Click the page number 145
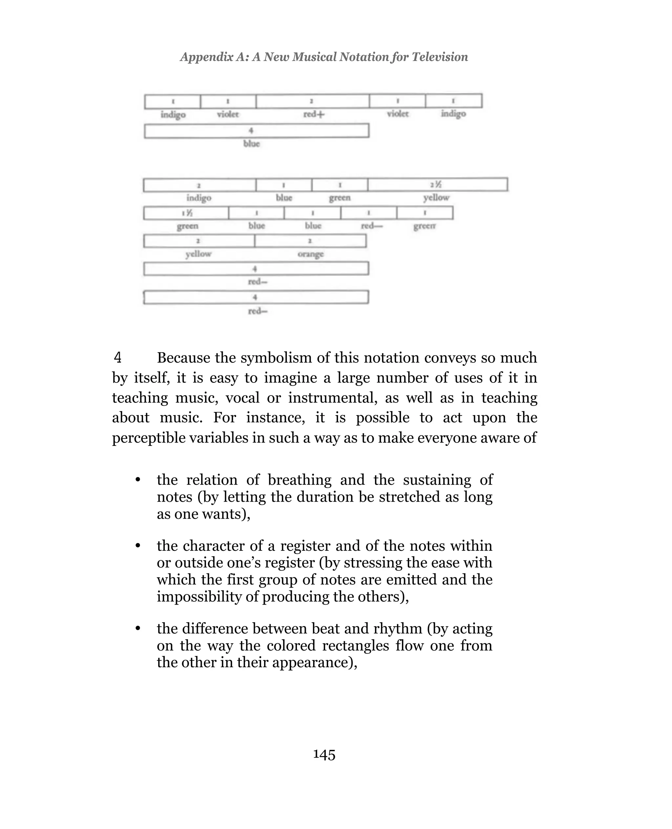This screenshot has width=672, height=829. (324, 754)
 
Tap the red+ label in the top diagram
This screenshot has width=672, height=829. (314, 114)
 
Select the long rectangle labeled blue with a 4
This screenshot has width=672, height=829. (256, 131)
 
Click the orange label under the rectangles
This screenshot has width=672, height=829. (310, 254)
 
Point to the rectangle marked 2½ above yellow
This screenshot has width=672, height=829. (437, 185)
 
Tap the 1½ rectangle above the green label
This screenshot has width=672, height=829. (186, 213)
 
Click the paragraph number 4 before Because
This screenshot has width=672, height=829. (118, 358)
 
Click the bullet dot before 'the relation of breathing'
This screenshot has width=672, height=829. (137, 480)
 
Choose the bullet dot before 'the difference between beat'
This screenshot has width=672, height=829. (137, 629)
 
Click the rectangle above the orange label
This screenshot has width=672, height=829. (310, 241)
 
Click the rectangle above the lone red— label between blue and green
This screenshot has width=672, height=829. (368, 213)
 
